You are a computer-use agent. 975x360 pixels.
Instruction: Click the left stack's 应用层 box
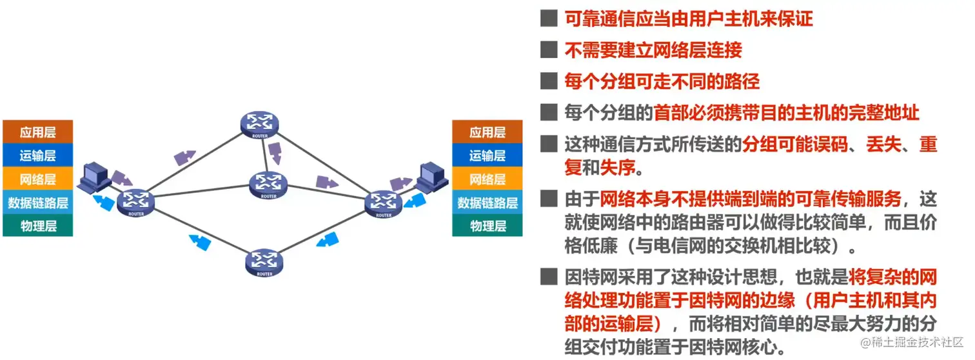(x=37, y=132)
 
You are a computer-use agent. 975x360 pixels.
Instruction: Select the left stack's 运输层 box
(x=37, y=155)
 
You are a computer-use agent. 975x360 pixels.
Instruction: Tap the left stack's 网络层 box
(x=37, y=179)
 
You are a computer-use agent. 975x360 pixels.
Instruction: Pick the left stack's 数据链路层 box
(x=37, y=203)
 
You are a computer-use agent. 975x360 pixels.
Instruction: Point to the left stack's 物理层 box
(x=37, y=226)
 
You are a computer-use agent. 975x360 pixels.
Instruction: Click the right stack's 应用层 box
(x=487, y=132)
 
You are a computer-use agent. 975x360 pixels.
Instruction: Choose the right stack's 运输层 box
(x=487, y=155)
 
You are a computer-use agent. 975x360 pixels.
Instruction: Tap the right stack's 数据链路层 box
(x=487, y=203)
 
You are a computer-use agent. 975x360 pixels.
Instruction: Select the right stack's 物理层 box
(x=487, y=226)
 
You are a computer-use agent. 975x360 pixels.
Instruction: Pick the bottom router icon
(x=264, y=262)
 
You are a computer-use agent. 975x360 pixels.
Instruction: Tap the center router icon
(x=267, y=185)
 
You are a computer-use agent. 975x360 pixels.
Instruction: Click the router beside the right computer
(x=383, y=204)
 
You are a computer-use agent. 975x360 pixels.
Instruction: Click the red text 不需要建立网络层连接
(x=653, y=50)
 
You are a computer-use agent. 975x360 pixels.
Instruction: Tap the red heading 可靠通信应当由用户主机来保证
(x=688, y=18)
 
